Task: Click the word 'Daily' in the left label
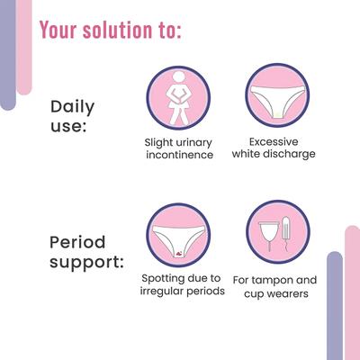pos(72,108)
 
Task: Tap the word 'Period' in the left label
pos(78,243)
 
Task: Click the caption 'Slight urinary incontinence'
pos(179,148)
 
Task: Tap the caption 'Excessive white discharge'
pos(280,148)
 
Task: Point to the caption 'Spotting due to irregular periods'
pos(181,286)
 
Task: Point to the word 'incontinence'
pos(179,155)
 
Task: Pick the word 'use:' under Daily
pos(67,127)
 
